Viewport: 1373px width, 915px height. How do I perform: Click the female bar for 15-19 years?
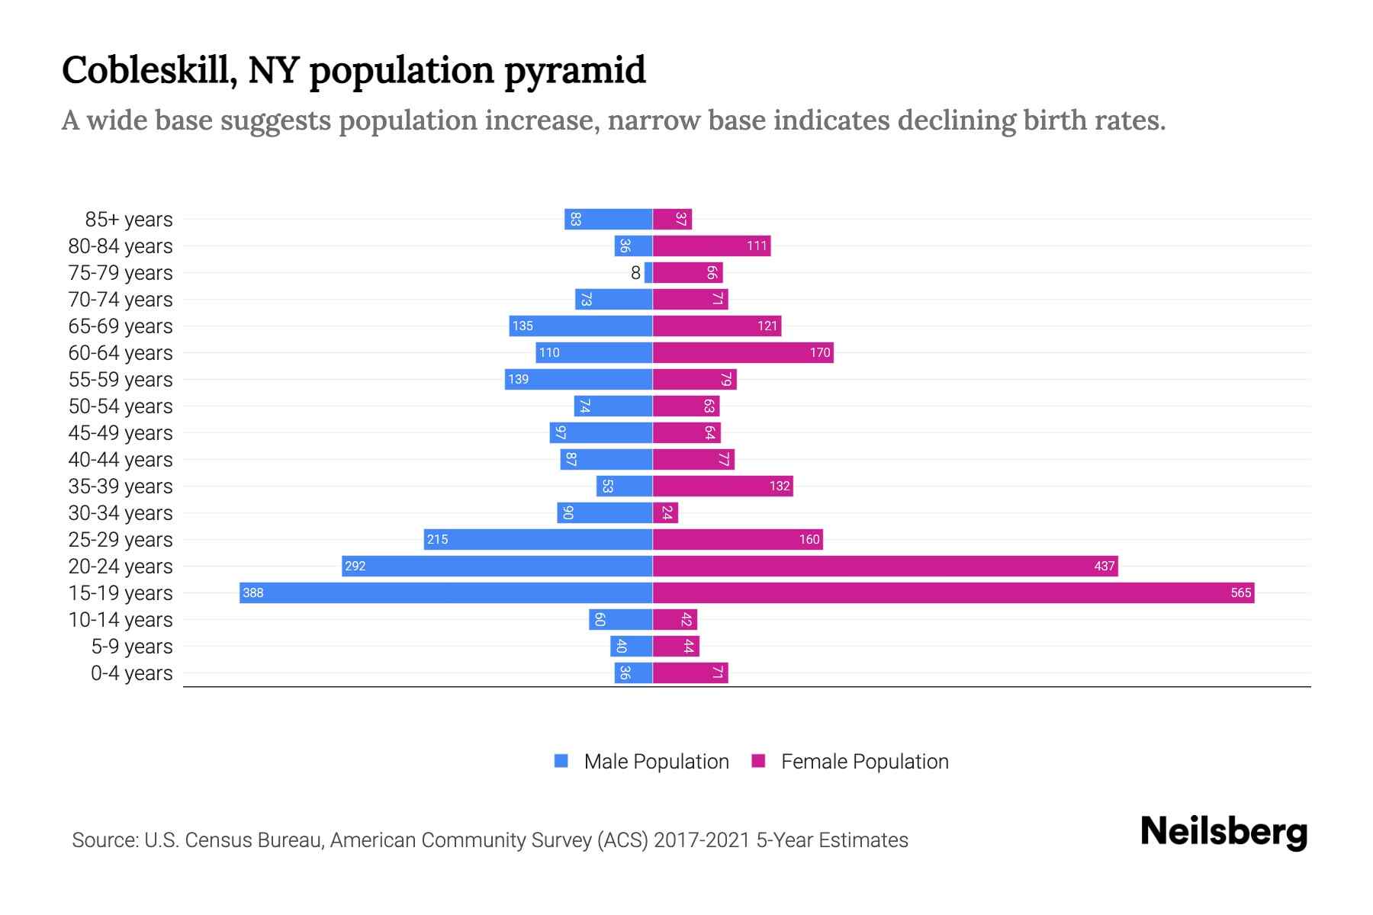pos(953,592)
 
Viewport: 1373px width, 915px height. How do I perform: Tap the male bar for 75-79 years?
pos(648,273)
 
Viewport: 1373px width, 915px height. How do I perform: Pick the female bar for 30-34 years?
pos(665,512)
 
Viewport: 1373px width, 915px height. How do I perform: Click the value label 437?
pos(1104,567)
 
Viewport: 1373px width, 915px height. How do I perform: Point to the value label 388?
pos(253,593)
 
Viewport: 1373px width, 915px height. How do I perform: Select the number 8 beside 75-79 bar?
pos(635,273)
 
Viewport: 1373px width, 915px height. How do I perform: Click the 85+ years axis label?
pos(128,220)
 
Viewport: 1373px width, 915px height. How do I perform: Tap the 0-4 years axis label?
pos(131,673)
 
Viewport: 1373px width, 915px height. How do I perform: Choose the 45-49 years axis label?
pos(121,433)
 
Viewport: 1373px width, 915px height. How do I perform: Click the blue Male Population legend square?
pos(561,761)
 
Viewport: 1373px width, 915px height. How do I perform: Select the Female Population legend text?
pos(864,762)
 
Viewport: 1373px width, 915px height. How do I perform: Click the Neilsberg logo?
pos(1223,832)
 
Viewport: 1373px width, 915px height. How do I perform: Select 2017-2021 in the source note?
pos(702,840)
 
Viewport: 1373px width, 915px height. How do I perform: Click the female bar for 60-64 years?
pos(743,352)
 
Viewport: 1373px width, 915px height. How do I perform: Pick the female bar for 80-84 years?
pos(712,246)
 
